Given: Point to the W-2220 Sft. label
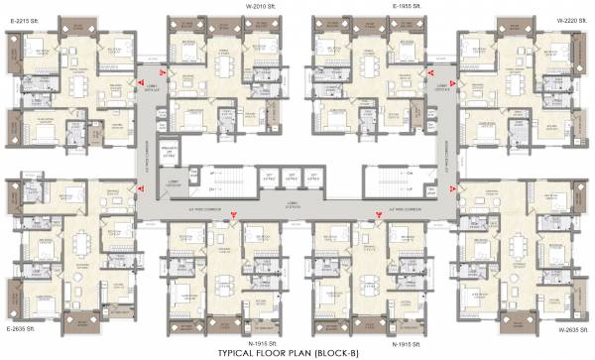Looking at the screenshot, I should [x=573, y=19].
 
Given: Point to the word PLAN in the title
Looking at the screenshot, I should [x=309, y=352].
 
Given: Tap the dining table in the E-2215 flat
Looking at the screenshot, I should [x=77, y=85].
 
